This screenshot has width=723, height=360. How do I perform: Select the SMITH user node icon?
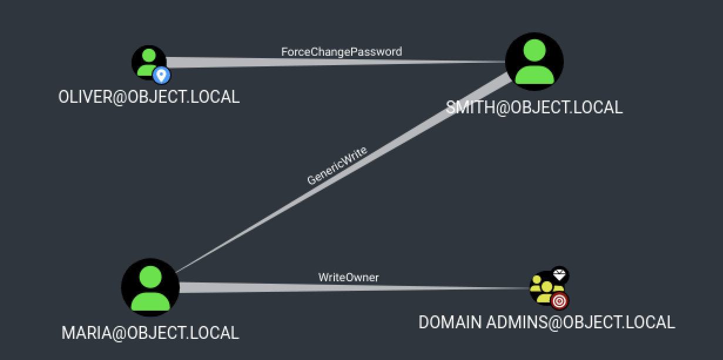tap(534, 62)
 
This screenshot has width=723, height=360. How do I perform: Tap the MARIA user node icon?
tap(150, 287)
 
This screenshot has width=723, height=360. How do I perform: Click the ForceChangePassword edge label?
tap(341, 52)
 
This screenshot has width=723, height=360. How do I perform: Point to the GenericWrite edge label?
tap(337, 166)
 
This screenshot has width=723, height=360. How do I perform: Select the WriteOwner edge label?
tap(349, 277)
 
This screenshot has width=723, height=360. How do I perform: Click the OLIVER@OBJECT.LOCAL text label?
tap(149, 97)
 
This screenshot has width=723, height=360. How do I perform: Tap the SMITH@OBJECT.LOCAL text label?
tap(534, 107)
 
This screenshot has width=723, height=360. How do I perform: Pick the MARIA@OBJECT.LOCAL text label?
tap(150, 332)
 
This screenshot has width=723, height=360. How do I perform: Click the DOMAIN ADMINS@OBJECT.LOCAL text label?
tap(547, 322)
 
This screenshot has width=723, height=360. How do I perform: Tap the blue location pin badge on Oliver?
tap(161, 75)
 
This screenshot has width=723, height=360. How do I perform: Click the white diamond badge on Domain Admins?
tap(560, 275)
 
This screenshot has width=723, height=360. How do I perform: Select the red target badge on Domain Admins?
tap(560, 301)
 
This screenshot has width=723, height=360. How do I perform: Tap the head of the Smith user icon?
tap(534, 51)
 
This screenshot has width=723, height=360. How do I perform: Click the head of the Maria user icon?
tap(150, 276)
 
